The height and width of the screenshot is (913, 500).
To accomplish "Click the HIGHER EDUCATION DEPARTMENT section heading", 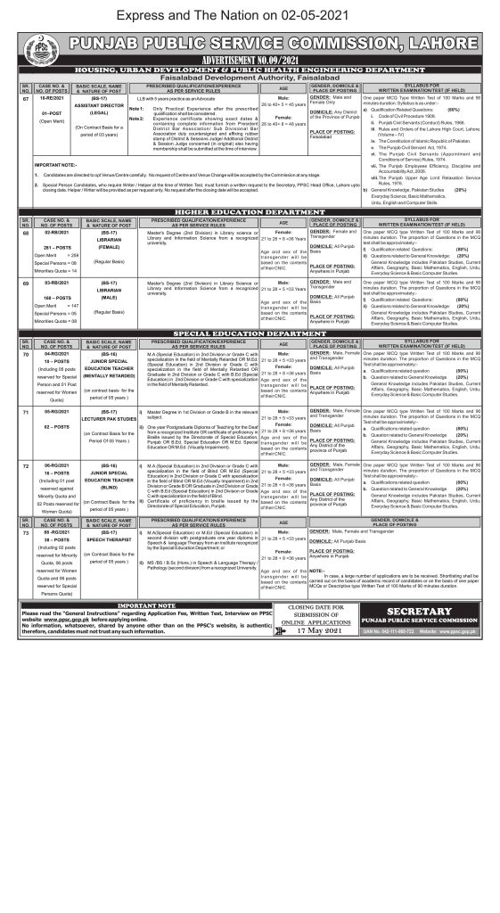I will (250, 234).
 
